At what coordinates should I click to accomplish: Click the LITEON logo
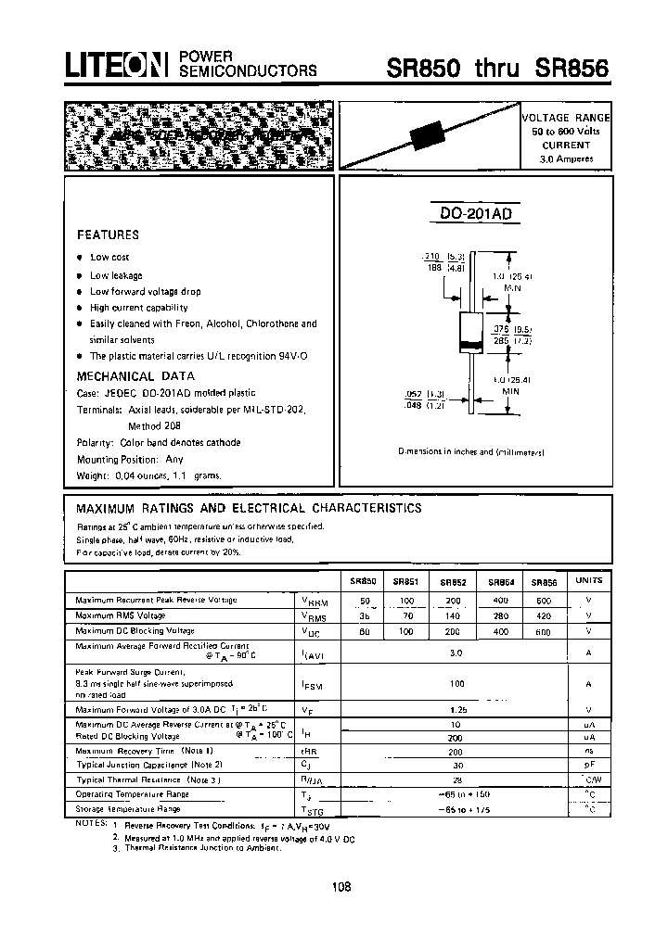click(114, 64)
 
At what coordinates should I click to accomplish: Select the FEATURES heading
click(108, 234)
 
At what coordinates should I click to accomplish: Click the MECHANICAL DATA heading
click(135, 375)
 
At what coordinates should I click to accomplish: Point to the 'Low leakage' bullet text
click(116, 275)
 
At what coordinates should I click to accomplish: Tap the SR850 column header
click(363, 581)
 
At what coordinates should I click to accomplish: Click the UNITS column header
click(588, 580)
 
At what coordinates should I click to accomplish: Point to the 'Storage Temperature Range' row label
click(131, 809)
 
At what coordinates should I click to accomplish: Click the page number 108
click(340, 886)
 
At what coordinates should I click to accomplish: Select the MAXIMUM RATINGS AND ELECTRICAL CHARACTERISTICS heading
click(249, 508)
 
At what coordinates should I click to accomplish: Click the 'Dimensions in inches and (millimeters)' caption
click(471, 451)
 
